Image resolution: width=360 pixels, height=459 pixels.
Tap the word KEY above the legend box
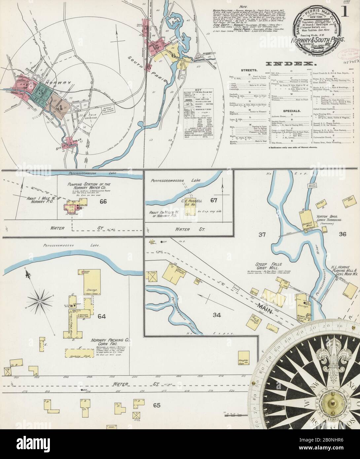[x=198, y=90]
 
